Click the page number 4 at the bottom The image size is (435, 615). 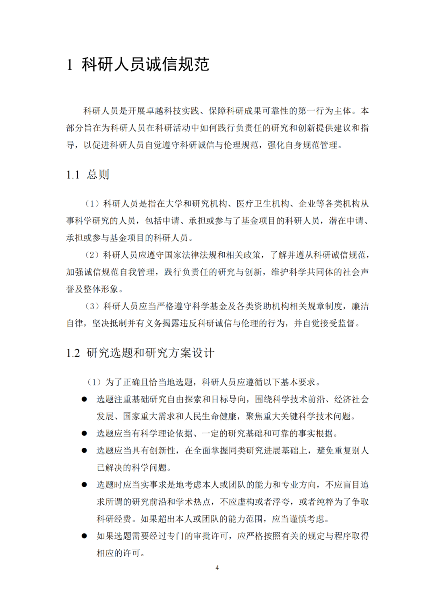pos(217,567)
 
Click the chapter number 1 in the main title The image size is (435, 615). pos(70,64)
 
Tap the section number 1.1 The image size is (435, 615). pos(73,175)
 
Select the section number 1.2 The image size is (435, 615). pos(73,353)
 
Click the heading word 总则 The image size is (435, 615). pos(98,174)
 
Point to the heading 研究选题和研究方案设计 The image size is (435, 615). pos(150,353)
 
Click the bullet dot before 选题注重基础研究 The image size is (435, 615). pos(84,399)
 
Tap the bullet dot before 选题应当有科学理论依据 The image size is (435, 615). pos(84,433)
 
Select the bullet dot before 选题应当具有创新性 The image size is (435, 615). pos(84,450)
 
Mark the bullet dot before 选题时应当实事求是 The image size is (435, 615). pos(84,485)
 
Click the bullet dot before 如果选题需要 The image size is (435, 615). pos(84,536)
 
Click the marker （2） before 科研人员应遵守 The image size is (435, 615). pos(92,255)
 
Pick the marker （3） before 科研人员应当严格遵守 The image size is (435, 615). pos(92,306)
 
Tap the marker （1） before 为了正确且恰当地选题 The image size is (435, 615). pos(94,382)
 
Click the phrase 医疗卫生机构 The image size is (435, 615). pos(262,204)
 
